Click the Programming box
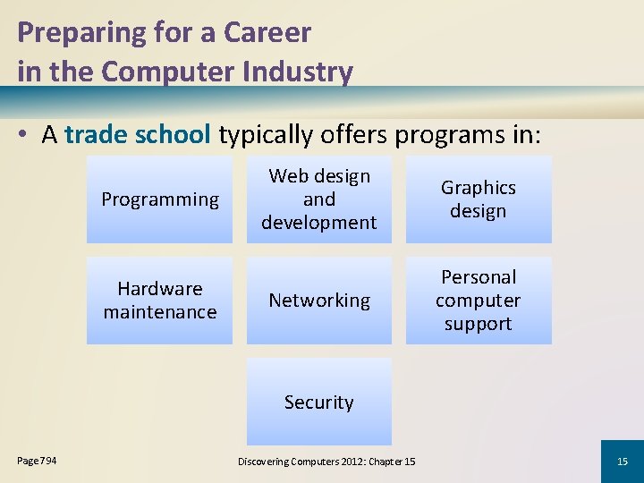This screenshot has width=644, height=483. click(x=159, y=199)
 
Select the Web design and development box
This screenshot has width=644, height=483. click(x=319, y=199)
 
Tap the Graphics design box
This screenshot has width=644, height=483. click(x=479, y=199)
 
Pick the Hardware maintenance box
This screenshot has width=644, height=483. click(x=159, y=301)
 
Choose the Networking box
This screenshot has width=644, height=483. click(x=319, y=301)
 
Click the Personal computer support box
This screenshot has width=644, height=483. click(x=479, y=301)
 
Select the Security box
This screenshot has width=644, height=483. click(x=319, y=402)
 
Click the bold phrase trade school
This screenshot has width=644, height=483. click(x=138, y=134)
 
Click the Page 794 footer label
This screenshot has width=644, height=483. click(x=38, y=461)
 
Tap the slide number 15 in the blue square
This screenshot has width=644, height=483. click(x=623, y=462)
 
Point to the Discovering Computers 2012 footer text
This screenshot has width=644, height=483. click(x=326, y=462)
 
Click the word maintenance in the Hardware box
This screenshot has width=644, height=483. click(x=160, y=312)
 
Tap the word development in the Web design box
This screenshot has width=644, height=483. click(x=319, y=223)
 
